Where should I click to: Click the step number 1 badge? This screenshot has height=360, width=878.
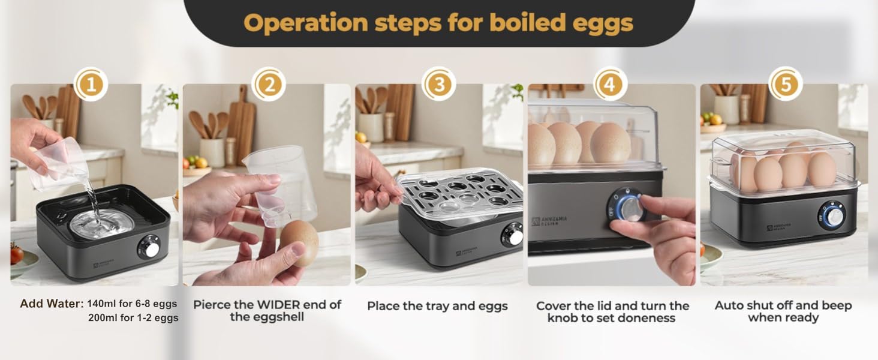click(91, 85)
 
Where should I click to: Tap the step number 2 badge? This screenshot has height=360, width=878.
click(268, 85)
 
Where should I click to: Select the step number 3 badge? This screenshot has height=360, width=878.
click(439, 85)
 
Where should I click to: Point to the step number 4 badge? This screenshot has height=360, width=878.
click(610, 85)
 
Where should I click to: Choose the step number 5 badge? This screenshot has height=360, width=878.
click(784, 85)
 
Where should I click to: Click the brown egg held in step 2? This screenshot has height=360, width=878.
click(299, 242)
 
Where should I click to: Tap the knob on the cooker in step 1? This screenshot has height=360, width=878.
click(150, 247)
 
